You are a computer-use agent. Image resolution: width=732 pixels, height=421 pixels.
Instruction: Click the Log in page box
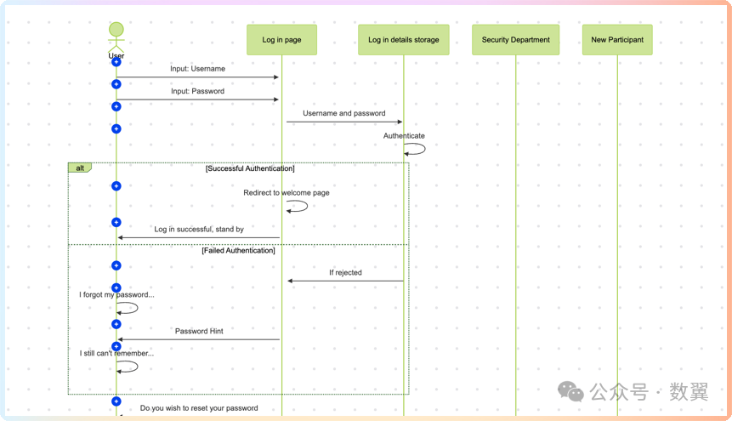pos(281,40)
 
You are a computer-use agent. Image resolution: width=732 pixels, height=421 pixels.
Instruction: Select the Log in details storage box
pos(403,40)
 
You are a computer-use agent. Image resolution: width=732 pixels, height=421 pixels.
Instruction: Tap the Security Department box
pos(515,40)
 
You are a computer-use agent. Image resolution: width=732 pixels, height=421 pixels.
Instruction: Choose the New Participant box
pos(617,40)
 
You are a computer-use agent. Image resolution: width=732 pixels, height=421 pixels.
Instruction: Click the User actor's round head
pos(116,30)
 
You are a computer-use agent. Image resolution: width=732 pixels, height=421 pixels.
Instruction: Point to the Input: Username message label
pos(197,69)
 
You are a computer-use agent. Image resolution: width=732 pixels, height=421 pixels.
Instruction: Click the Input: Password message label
pos(197,91)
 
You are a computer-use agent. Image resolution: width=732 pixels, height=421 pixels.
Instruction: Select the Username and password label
pos(344,113)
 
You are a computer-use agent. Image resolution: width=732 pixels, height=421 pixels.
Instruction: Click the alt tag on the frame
pos(80,168)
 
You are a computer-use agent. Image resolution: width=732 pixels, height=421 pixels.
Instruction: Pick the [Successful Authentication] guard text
pos(250,168)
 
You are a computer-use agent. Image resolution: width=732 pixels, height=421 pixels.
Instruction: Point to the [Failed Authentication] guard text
pos(239,250)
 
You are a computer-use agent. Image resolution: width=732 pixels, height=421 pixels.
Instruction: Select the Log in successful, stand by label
pos(199,229)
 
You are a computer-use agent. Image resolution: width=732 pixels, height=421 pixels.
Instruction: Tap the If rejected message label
pos(345,272)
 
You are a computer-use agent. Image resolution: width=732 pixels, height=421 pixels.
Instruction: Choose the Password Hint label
pos(199,331)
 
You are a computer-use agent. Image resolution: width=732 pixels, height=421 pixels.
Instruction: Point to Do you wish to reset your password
pos(199,408)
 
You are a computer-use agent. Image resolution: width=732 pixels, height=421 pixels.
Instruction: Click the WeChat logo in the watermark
pos(570,391)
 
